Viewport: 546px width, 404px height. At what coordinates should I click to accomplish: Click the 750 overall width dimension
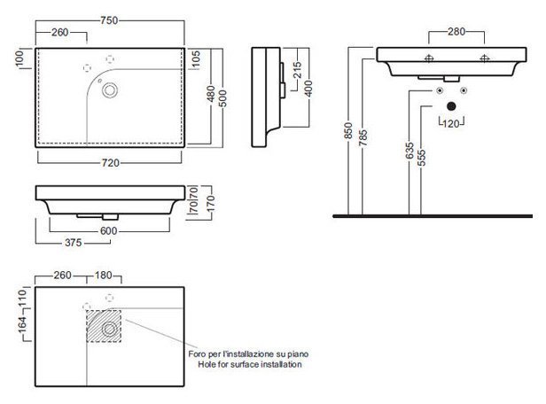(109, 20)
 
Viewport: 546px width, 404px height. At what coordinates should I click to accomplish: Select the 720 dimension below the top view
(111, 162)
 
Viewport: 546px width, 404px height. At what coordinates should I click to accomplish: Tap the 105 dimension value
(196, 59)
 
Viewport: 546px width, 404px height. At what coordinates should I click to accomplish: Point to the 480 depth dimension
(211, 94)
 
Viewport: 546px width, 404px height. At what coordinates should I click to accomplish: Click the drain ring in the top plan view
(110, 90)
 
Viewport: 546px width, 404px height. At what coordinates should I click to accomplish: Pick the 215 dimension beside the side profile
(297, 70)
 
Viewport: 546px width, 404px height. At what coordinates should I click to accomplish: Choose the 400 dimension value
(308, 89)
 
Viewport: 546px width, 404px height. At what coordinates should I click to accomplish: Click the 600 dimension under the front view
(109, 230)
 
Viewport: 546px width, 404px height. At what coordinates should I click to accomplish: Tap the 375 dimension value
(73, 243)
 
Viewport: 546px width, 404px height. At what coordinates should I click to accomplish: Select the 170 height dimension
(211, 204)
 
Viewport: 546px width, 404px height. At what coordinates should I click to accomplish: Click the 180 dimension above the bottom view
(104, 276)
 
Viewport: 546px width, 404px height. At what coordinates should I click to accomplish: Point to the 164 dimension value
(22, 324)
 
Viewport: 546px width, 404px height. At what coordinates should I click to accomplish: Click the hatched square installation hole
(104, 326)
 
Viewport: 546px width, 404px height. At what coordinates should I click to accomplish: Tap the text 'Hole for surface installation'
(250, 364)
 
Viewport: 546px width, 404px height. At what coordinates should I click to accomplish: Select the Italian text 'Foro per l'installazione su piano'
(248, 353)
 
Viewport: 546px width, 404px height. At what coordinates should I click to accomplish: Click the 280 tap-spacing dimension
(456, 32)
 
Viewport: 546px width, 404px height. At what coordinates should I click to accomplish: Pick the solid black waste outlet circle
(451, 106)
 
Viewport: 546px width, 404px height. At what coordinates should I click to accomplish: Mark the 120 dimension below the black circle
(451, 123)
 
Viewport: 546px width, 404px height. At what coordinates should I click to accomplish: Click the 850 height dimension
(348, 130)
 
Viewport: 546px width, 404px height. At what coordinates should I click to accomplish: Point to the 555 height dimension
(421, 159)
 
